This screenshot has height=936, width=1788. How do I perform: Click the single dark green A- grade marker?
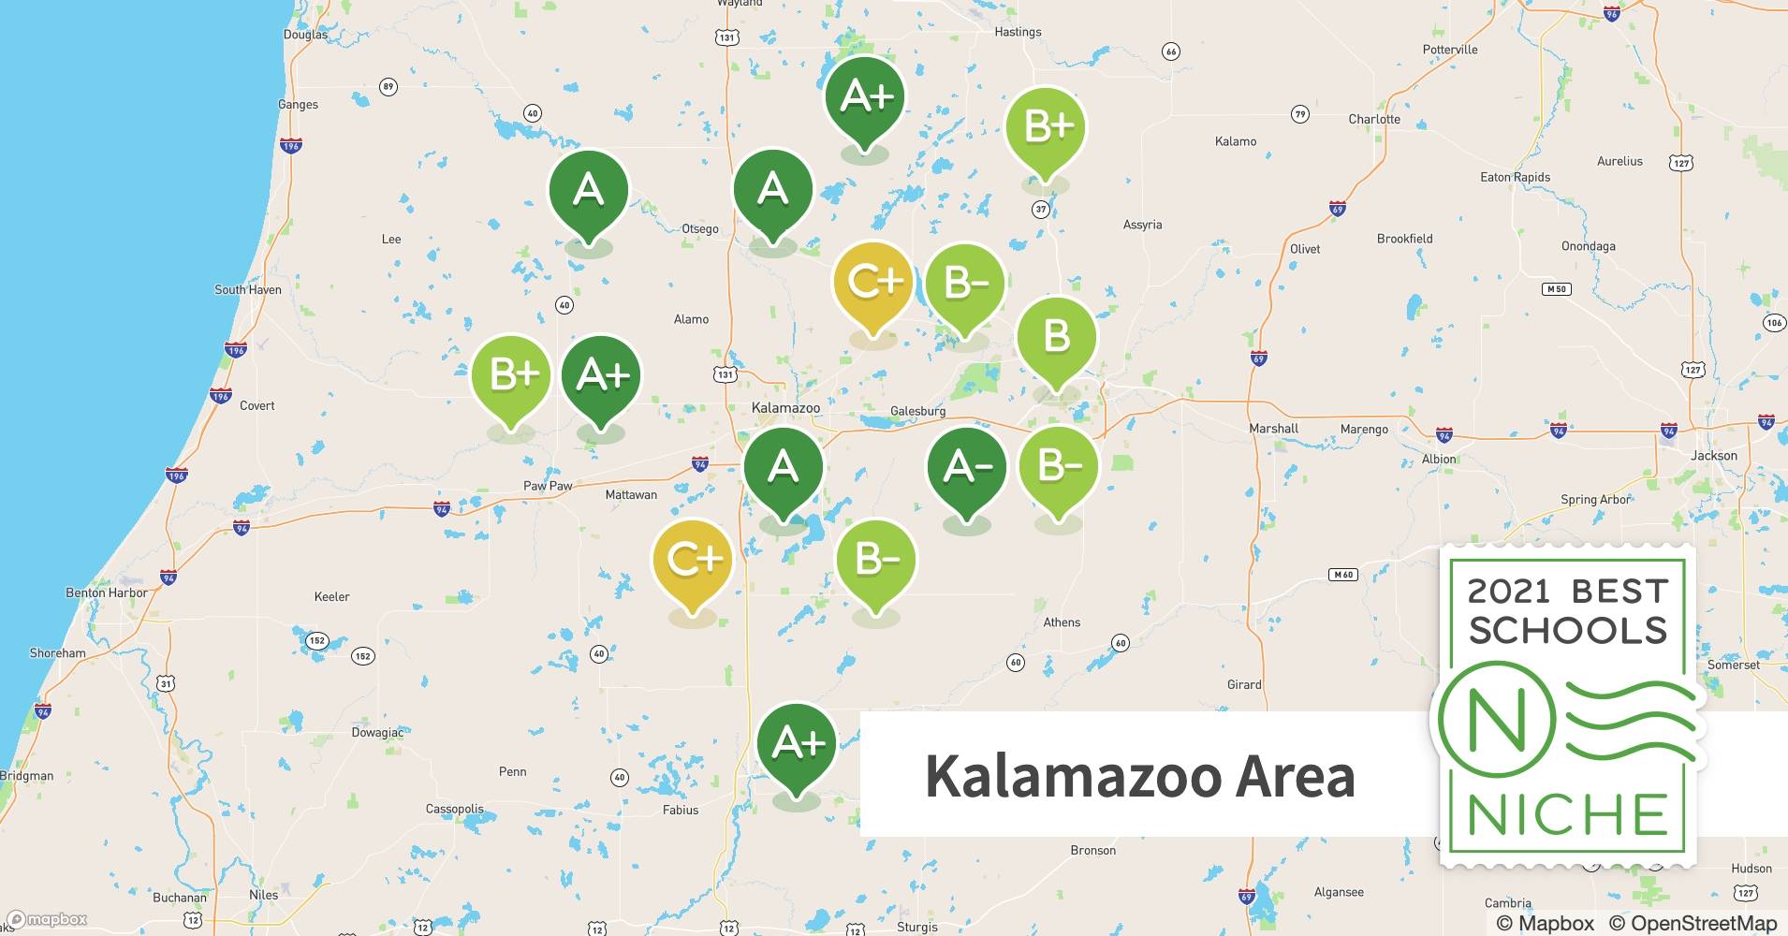966,467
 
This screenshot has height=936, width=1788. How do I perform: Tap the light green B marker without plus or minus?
1056,336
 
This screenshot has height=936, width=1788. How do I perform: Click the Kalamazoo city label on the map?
785,408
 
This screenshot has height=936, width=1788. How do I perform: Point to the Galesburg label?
917,411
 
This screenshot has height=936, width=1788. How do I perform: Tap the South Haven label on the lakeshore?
247,290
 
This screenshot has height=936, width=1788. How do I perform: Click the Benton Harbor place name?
107,592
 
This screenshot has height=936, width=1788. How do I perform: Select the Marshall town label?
1273,429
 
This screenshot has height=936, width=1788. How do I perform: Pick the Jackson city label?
1714,456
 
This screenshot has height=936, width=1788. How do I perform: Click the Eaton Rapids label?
1515,177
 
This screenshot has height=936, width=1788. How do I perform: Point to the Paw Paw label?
548,486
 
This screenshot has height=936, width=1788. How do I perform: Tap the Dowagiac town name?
377,733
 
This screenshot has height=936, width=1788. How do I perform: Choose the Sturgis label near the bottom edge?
916,927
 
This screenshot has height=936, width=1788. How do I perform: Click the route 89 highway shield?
388,87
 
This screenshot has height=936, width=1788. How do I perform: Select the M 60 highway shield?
1342,575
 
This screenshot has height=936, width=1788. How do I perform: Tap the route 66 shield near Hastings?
1170,51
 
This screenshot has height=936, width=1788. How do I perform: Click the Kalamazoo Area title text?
1139,776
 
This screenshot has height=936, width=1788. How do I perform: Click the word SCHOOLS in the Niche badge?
1568,630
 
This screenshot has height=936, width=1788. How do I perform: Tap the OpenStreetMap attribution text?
1693,923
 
